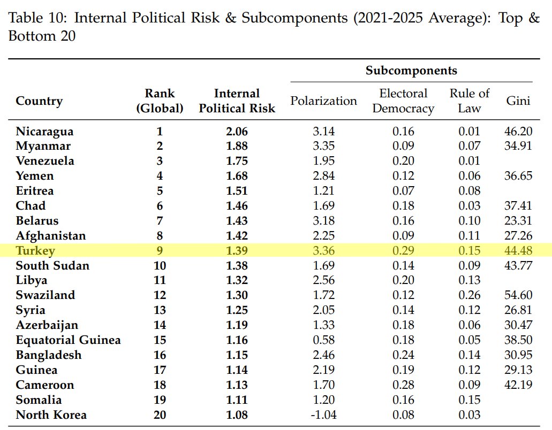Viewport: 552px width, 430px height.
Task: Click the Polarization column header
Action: click(x=323, y=101)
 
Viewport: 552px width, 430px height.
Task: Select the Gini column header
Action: click(x=518, y=101)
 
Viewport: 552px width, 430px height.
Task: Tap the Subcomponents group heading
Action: click(x=411, y=70)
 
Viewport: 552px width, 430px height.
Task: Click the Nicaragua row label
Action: click(x=45, y=132)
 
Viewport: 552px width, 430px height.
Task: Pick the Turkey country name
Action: click(x=35, y=251)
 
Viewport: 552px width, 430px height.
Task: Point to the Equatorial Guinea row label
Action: click(x=69, y=340)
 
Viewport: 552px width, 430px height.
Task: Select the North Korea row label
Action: click(x=51, y=415)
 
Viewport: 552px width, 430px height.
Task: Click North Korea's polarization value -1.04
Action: click(x=323, y=415)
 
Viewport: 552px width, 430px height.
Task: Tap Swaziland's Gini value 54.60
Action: click(x=518, y=295)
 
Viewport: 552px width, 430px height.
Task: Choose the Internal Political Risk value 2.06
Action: click(x=237, y=132)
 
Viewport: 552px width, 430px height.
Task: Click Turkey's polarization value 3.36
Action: click(x=323, y=251)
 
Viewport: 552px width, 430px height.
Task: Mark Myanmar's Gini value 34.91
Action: click(x=518, y=146)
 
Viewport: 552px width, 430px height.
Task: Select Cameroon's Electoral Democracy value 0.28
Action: click(x=403, y=385)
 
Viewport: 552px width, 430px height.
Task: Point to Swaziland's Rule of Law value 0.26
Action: click(x=469, y=295)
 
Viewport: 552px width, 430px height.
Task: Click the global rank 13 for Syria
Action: click(x=160, y=310)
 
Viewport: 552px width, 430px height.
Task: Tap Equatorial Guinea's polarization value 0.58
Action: click(x=323, y=340)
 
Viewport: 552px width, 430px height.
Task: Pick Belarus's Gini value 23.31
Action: click(x=518, y=221)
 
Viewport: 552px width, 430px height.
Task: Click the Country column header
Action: click(x=39, y=101)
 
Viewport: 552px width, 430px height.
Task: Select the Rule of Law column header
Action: click(x=469, y=101)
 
